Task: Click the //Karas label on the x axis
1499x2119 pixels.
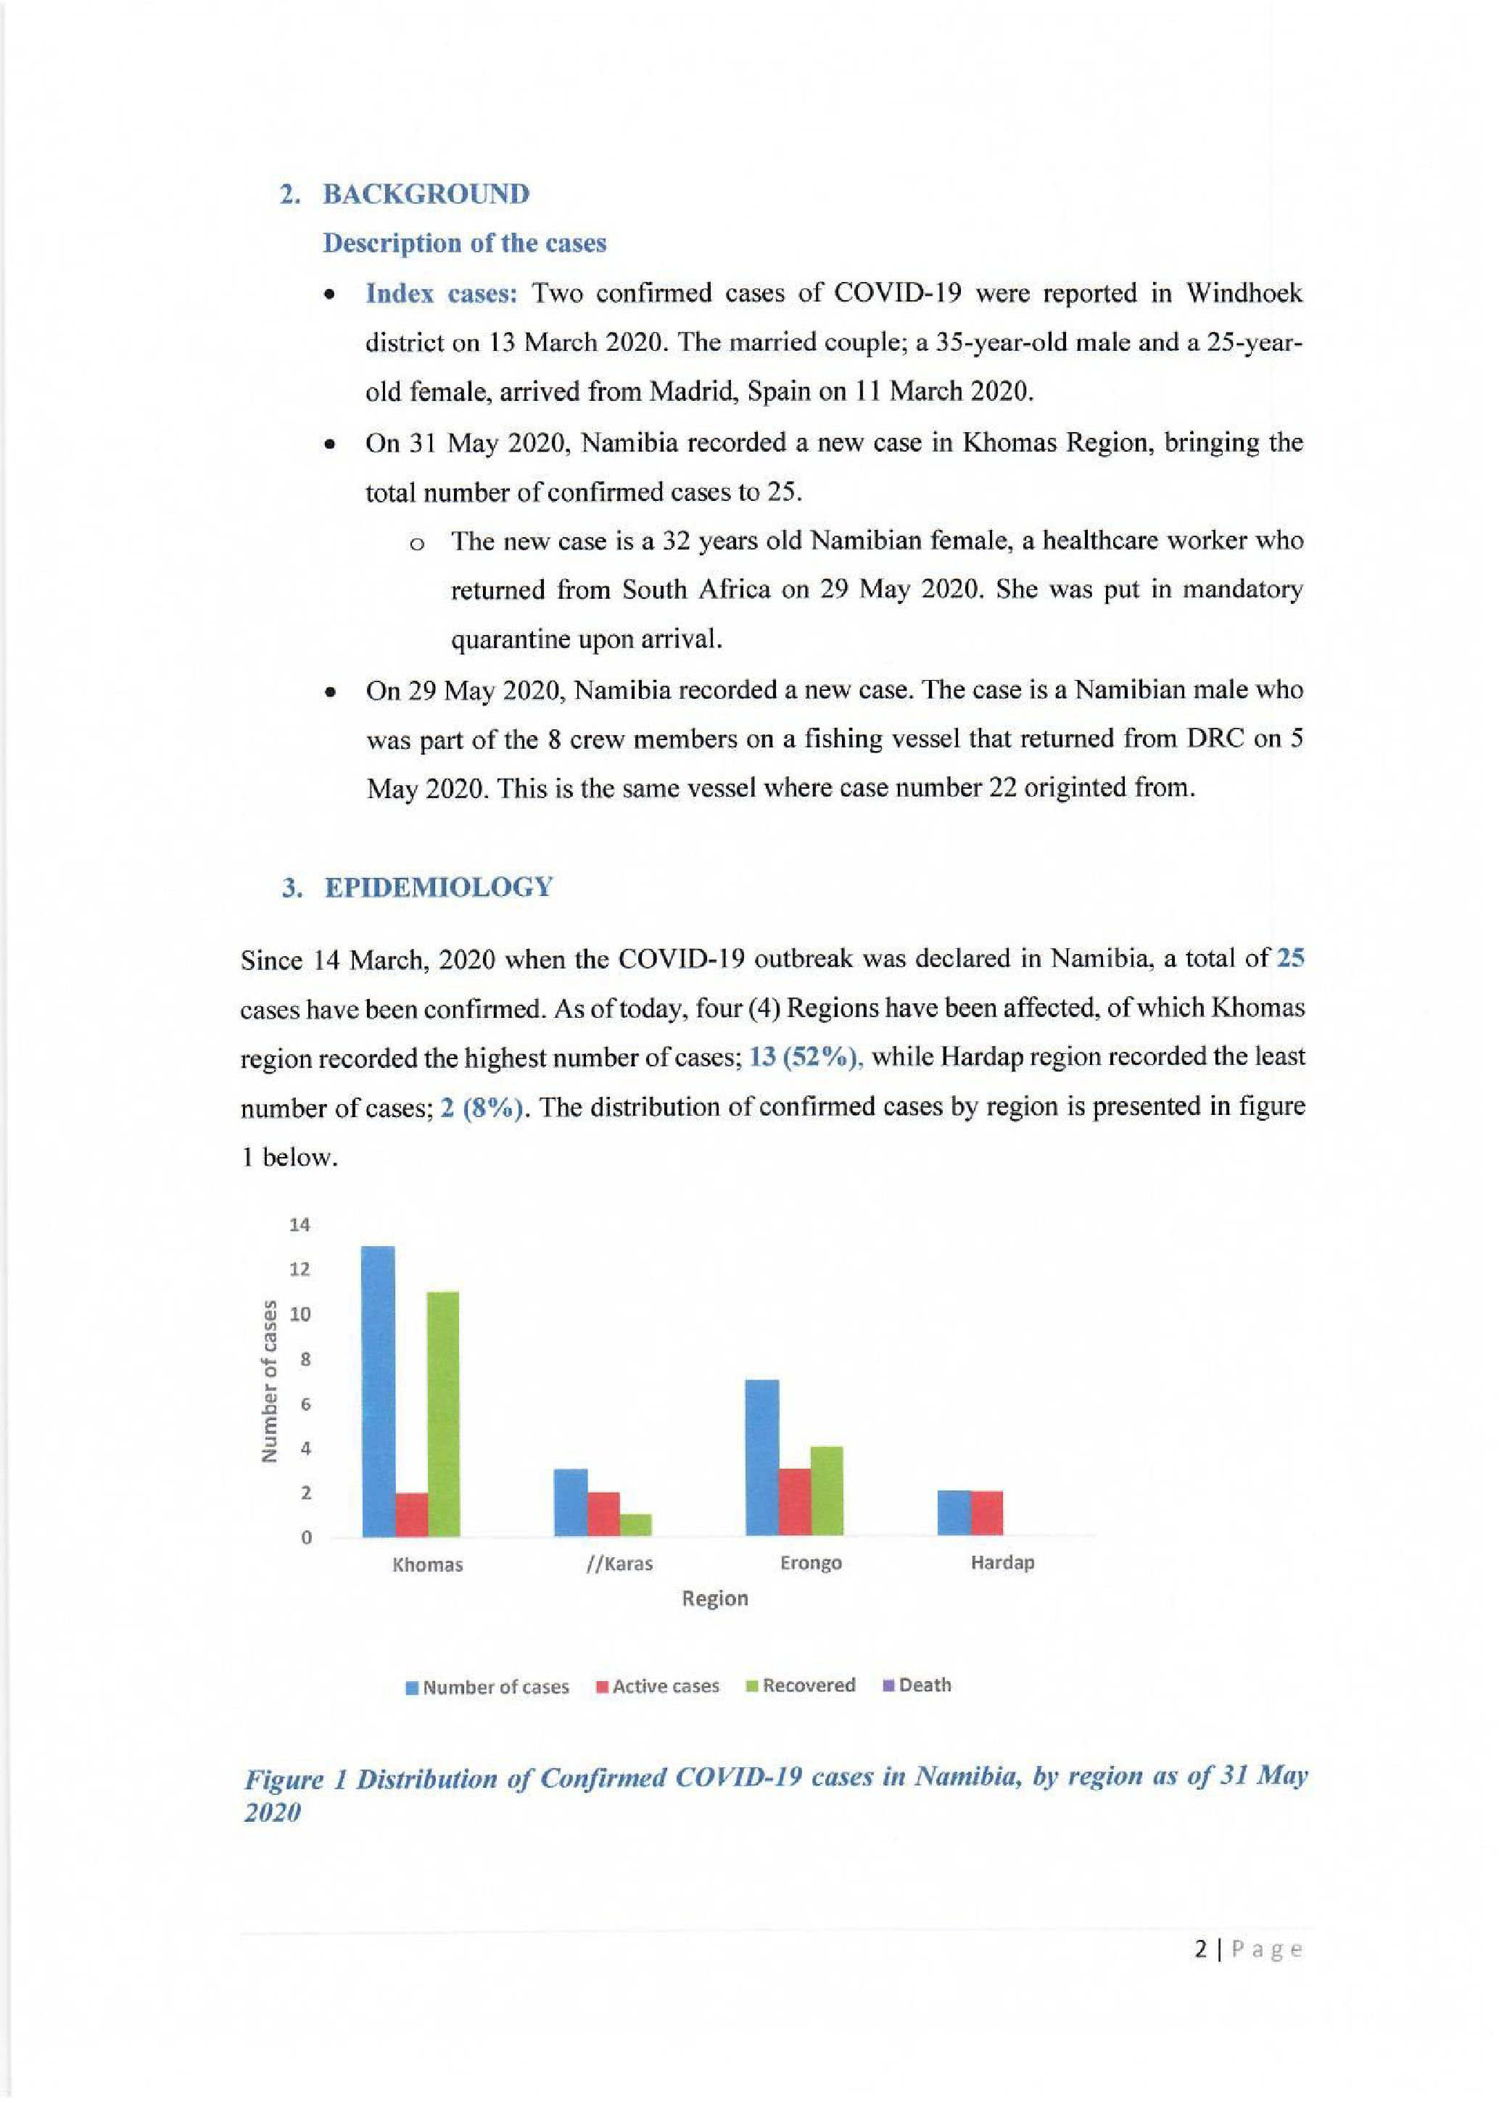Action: pyautogui.click(x=619, y=1564)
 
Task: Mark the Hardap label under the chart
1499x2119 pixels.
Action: pyautogui.click(x=1002, y=1562)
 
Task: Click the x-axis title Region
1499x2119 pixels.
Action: pyautogui.click(x=714, y=1598)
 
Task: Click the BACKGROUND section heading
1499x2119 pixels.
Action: pyautogui.click(x=426, y=195)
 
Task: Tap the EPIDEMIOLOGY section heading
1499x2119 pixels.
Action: pyautogui.click(x=439, y=888)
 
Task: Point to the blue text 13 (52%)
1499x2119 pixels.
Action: pyautogui.click(x=805, y=1058)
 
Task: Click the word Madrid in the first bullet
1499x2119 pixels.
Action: pyautogui.click(x=690, y=391)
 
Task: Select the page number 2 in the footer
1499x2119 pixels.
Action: pyautogui.click(x=1201, y=1949)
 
